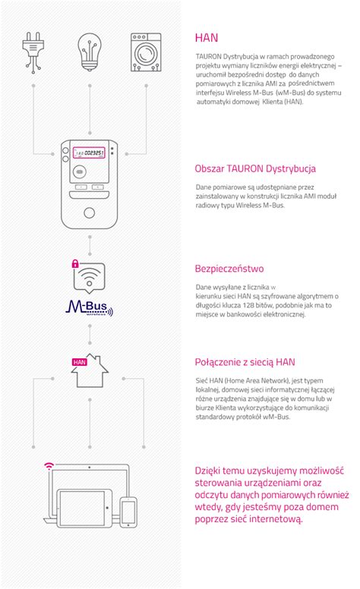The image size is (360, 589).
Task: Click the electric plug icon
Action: tap(33, 52)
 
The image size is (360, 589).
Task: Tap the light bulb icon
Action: tap(90, 52)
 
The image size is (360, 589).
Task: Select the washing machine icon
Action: tap(146, 52)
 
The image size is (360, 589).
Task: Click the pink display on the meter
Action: tap(89, 153)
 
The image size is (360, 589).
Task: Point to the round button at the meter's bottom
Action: tap(90, 213)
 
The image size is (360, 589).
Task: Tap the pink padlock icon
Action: tap(75, 263)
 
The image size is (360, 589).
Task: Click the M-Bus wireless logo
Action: tap(90, 307)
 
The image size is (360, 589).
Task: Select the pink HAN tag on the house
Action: tap(79, 362)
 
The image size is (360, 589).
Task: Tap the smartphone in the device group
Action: tap(128, 512)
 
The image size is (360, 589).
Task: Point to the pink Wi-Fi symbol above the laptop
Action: tap(49, 466)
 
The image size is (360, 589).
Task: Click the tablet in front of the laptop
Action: tap(84, 508)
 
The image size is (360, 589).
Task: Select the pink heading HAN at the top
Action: tap(207, 37)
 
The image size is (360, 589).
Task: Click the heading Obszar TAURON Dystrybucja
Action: tap(255, 169)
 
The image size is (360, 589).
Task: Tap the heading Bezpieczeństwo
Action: tap(229, 269)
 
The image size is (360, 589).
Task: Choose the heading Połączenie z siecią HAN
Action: tap(245, 362)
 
